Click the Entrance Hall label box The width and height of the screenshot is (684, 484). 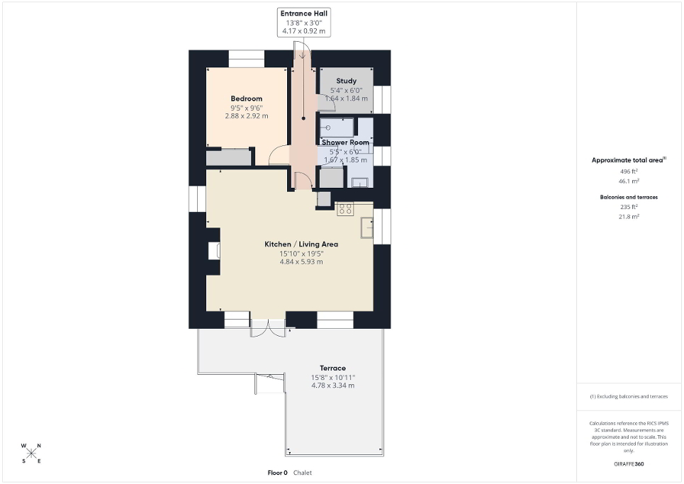(303, 22)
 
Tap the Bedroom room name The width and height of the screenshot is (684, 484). (247, 99)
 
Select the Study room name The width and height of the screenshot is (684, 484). (347, 81)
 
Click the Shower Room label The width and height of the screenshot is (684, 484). (345, 142)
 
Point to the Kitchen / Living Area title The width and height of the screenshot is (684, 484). (301, 244)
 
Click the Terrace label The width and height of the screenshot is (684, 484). (333, 368)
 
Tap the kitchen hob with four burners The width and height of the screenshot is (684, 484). (345, 209)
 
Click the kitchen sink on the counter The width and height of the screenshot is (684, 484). (367, 227)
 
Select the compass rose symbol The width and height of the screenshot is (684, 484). (31, 454)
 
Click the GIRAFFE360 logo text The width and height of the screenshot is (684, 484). (629, 464)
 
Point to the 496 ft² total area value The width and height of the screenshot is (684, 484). (629, 171)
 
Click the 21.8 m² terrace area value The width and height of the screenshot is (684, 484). (629, 216)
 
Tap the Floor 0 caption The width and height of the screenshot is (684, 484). (277, 473)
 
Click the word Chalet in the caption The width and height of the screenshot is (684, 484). (303, 473)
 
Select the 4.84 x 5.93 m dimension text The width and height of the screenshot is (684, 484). (301, 262)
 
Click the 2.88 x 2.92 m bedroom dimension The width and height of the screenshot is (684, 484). (247, 116)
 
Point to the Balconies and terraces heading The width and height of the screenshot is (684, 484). (629, 197)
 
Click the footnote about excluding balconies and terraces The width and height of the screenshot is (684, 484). (629, 396)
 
